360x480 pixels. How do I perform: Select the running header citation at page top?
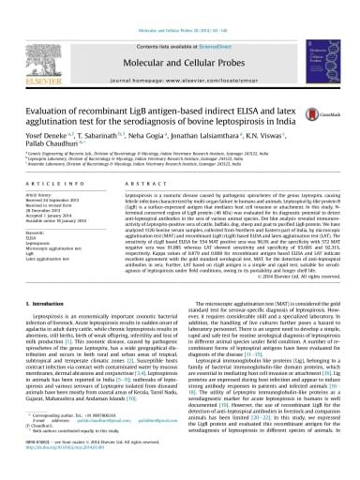coord(179,6)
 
